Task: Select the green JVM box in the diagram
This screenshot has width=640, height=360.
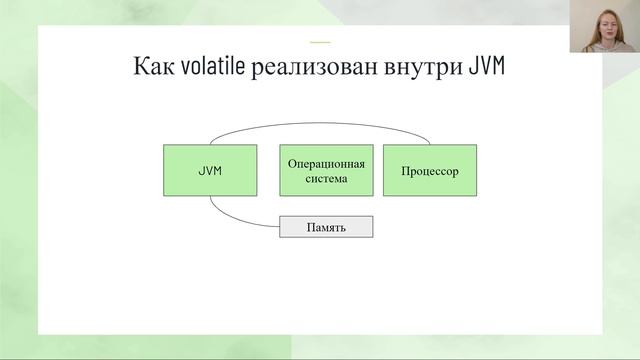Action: click(210, 170)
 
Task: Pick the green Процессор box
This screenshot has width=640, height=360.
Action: click(430, 170)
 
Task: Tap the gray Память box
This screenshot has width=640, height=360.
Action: click(326, 227)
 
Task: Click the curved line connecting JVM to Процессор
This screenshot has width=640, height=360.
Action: click(320, 122)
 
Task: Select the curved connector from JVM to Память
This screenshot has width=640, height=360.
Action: click(235, 219)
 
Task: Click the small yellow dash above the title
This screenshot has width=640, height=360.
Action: click(320, 42)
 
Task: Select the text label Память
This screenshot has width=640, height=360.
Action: click(326, 227)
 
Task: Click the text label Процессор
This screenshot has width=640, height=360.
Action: click(430, 171)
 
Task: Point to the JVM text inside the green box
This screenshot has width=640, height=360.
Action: click(210, 171)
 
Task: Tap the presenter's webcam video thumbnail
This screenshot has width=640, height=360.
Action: click(605, 27)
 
